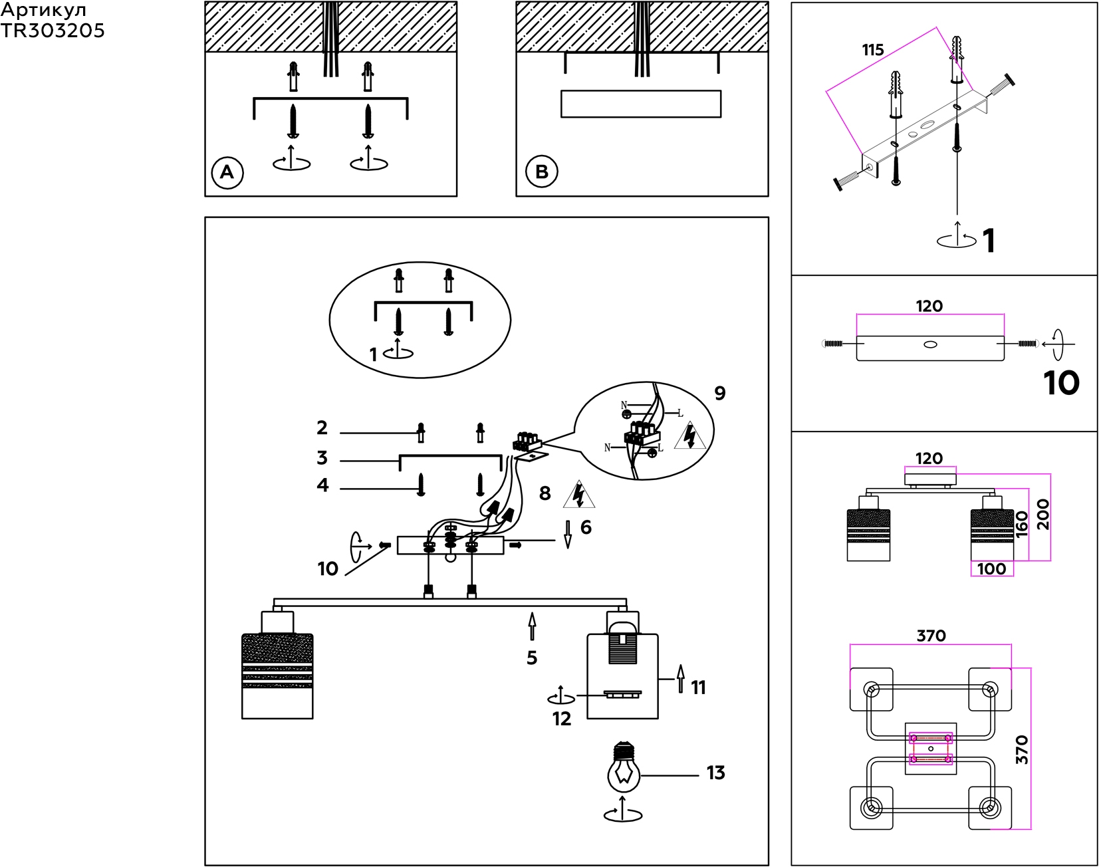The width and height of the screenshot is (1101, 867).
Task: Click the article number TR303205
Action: tap(53, 31)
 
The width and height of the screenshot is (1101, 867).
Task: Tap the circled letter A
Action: tap(227, 173)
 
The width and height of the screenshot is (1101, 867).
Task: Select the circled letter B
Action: tap(542, 172)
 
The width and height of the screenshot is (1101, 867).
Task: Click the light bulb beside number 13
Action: tap(624, 772)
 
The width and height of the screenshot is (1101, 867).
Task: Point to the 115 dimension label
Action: tap(872, 50)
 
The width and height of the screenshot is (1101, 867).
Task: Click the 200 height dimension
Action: tap(1042, 514)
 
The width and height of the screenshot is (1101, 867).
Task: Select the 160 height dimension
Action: tap(1021, 524)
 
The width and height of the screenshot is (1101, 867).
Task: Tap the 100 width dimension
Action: tap(991, 568)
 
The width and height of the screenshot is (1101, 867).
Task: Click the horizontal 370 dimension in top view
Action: tap(931, 636)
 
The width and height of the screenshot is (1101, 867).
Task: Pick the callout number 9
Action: tap(720, 393)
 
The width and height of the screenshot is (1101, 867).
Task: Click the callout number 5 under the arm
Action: tap(532, 658)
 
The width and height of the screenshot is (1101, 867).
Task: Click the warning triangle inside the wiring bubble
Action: tap(690, 435)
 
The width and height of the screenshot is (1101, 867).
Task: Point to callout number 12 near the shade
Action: tap(562, 719)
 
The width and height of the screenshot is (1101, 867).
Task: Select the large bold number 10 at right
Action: tap(1061, 383)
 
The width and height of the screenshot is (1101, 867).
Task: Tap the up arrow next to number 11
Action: tap(680, 678)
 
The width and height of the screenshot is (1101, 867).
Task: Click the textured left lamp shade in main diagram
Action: tap(277, 675)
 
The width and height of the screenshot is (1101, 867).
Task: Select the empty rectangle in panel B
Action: tap(641, 104)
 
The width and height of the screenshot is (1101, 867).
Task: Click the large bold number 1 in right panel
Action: tap(989, 241)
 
